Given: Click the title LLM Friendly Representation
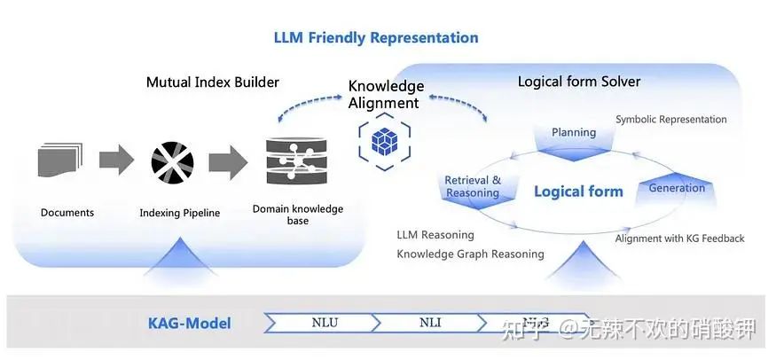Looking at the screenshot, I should pos(375,37).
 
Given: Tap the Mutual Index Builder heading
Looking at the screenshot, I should pos(212,82).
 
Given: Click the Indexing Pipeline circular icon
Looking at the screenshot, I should pos(172,161).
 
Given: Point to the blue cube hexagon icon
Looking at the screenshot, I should pos(383,140).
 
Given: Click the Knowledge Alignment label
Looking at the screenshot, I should pos(385,94).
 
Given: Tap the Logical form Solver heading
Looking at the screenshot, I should pos(578,82).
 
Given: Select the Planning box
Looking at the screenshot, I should pos(574,133).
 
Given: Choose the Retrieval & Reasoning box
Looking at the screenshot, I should pos(473,186).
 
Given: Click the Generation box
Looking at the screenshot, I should pos(677,187).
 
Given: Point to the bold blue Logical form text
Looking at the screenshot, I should pos(578,192).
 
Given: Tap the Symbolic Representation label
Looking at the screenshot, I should pos(670,119).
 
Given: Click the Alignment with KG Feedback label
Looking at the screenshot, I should pos(679,238).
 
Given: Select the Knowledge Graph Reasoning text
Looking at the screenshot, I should pos(470,254).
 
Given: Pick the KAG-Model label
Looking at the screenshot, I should pos(189,323).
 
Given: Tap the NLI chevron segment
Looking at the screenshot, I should pos(429,323).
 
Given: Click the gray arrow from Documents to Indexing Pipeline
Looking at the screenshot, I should pos(116,160).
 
